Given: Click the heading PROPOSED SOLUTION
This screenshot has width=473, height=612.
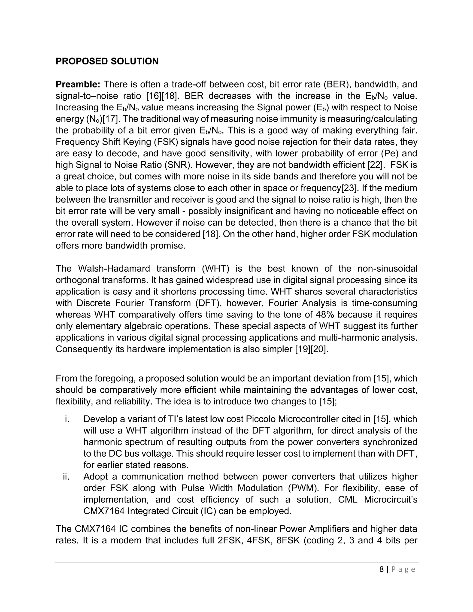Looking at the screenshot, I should (107, 61).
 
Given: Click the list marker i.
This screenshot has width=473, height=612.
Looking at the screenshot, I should (67, 419).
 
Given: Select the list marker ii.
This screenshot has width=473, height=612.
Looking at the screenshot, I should (66, 477).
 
